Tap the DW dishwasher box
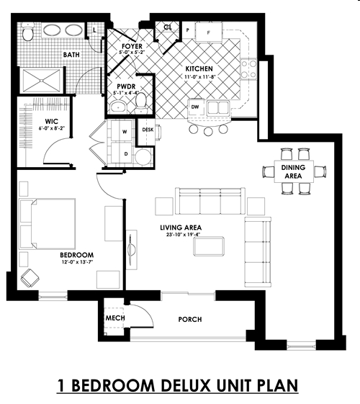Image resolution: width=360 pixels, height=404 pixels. click(x=194, y=107)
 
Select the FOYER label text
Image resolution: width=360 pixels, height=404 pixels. click(x=131, y=45)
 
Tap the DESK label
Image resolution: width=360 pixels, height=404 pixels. click(x=148, y=130)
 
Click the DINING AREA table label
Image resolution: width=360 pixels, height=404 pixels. click(x=296, y=171)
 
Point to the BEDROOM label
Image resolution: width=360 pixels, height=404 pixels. click(x=76, y=256)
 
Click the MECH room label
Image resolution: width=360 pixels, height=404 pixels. click(x=116, y=318)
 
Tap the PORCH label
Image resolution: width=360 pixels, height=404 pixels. click(x=189, y=319)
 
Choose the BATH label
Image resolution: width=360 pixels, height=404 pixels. click(x=71, y=54)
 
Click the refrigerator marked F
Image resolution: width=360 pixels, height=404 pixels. click(x=210, y=32)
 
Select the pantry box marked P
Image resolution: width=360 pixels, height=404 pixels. click(x=187, y=31)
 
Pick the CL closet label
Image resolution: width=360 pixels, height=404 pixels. click(x=168, y=27)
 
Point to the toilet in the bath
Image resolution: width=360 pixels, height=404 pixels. click(x=29, y=32)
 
